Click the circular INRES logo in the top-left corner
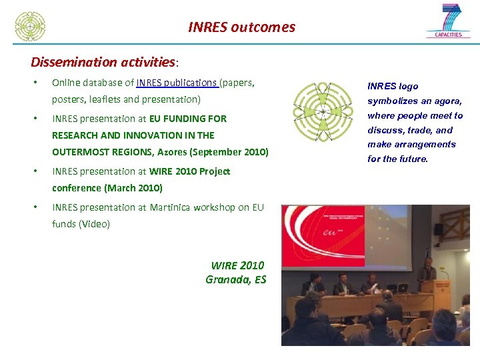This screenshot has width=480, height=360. pos(30,26)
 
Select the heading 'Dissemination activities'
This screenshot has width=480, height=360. pos(103,62)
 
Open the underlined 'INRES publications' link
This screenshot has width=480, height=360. pos(177,83)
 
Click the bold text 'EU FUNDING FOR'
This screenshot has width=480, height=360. pos(188,119)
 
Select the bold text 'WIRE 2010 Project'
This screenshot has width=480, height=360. pos(190,171)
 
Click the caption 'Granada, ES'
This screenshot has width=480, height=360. pos(235,279)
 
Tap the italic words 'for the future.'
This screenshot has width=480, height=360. pos(397,159)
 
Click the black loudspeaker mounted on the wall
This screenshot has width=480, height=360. pos(438,229)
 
